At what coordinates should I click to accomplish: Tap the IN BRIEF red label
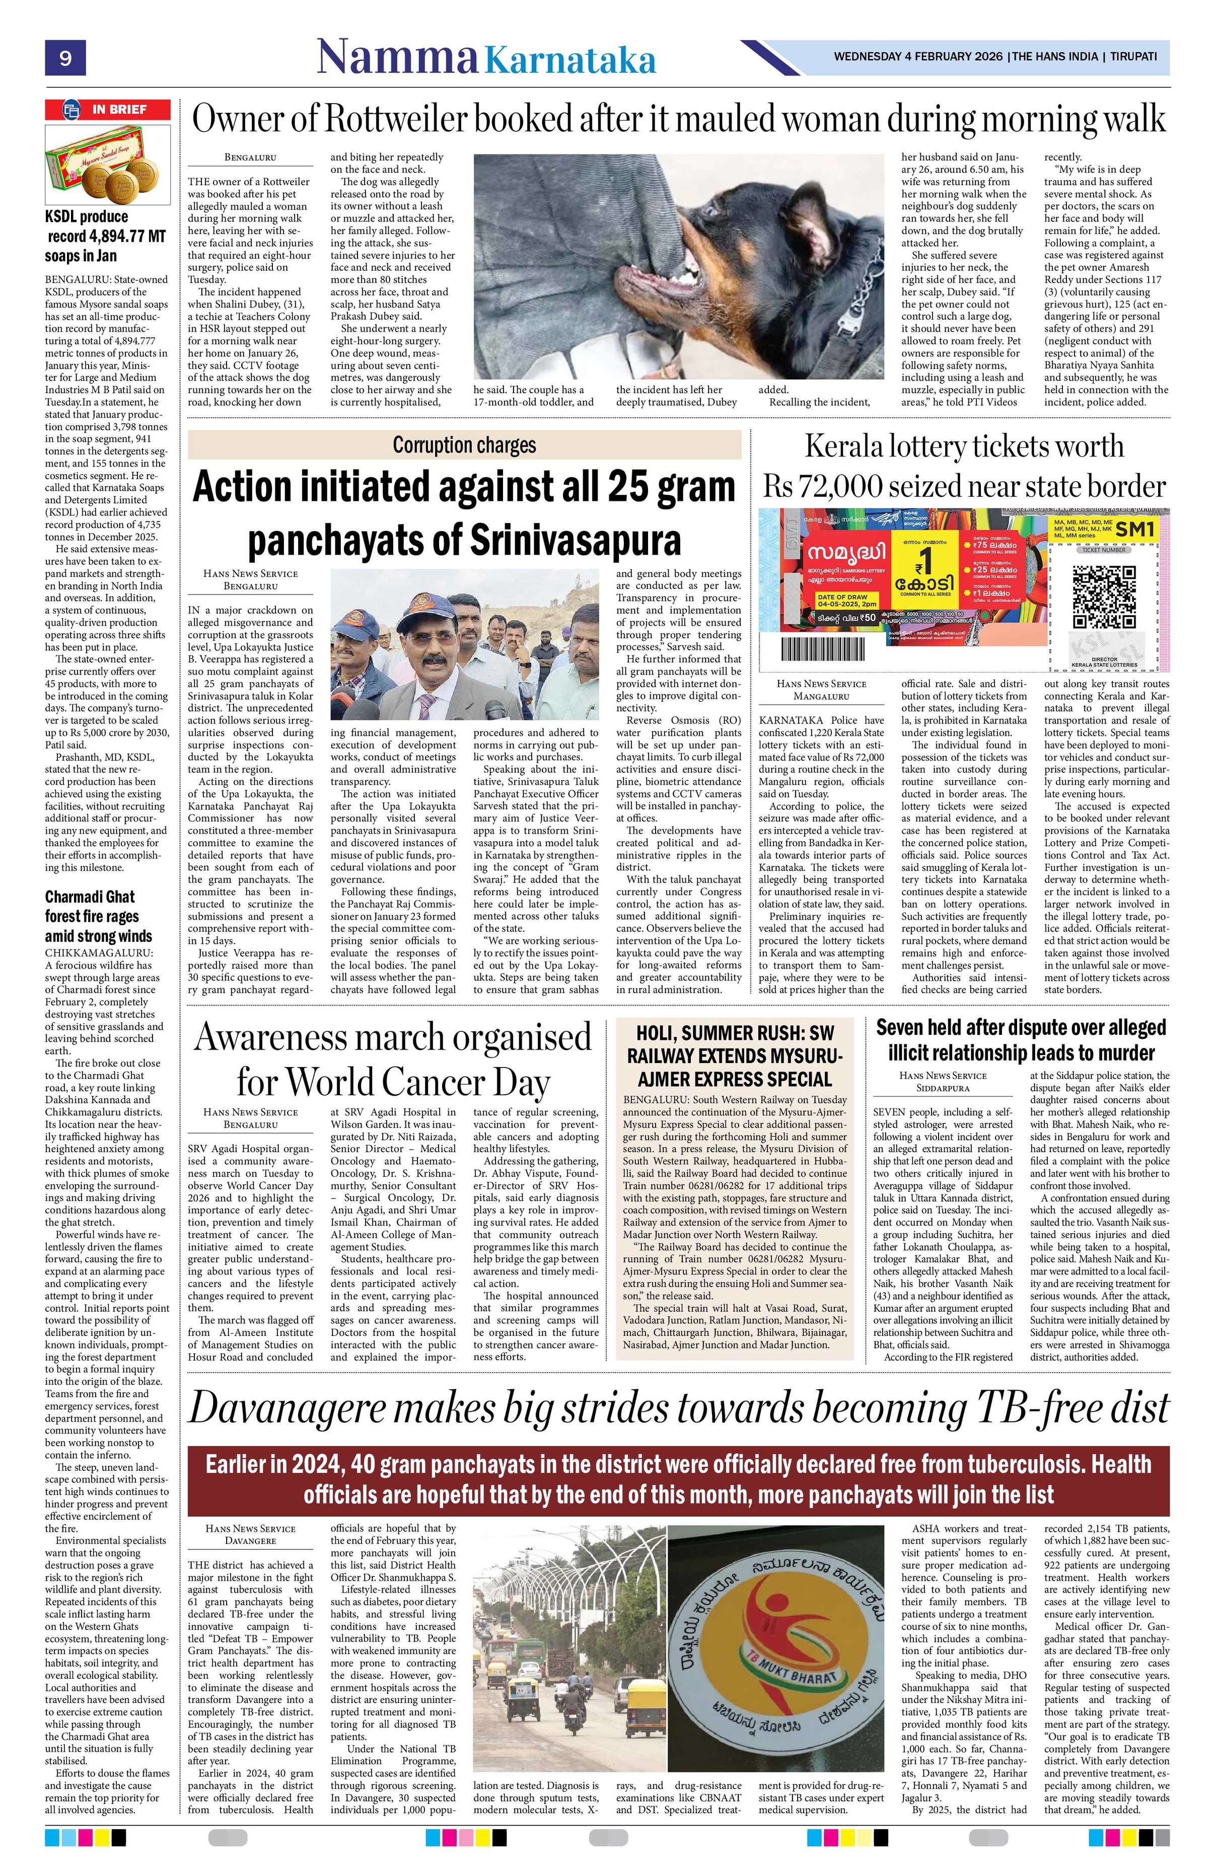pyautogui.click(x=108, y=109)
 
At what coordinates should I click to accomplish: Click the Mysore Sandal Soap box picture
pyautogui.click(x=107, y=162)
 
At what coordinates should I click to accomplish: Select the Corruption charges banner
pyautogui.click(x=464, y=445)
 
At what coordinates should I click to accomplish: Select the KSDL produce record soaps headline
pyautogui.click(x=105, y=236)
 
